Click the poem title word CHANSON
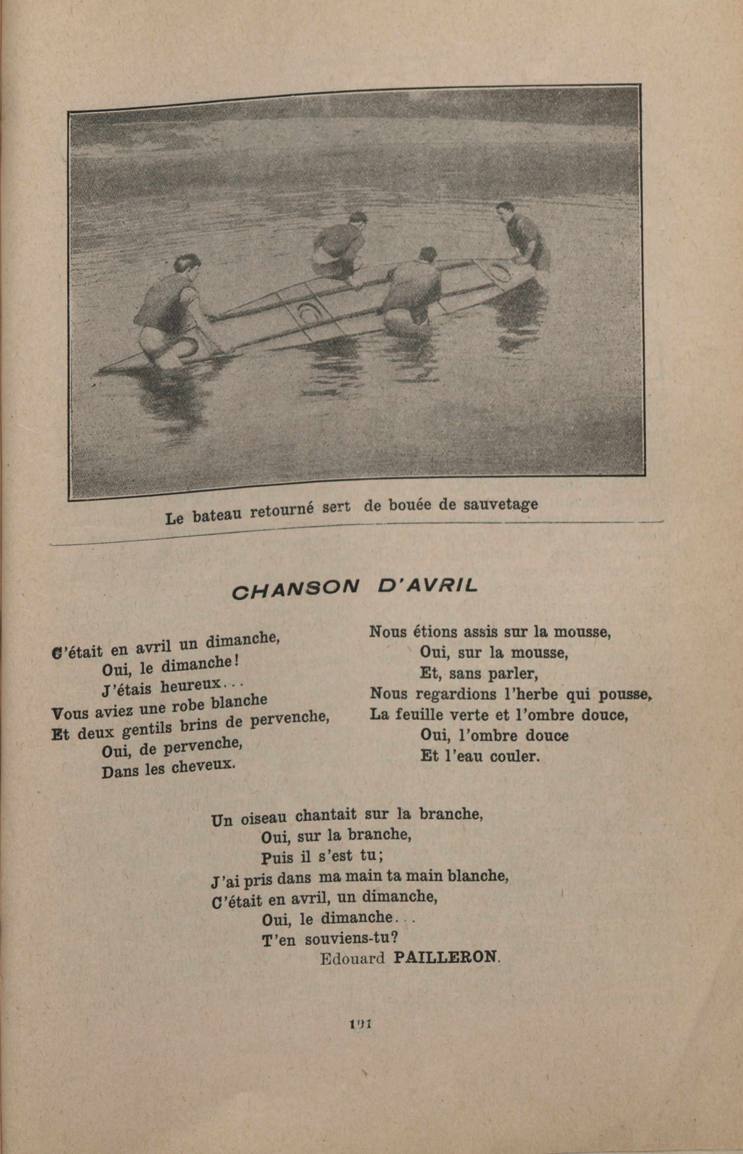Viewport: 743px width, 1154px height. (296, 590)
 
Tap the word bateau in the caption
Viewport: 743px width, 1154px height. (217, 515)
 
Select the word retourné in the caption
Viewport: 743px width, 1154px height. (282, 510)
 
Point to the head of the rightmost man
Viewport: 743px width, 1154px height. (505, 210)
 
